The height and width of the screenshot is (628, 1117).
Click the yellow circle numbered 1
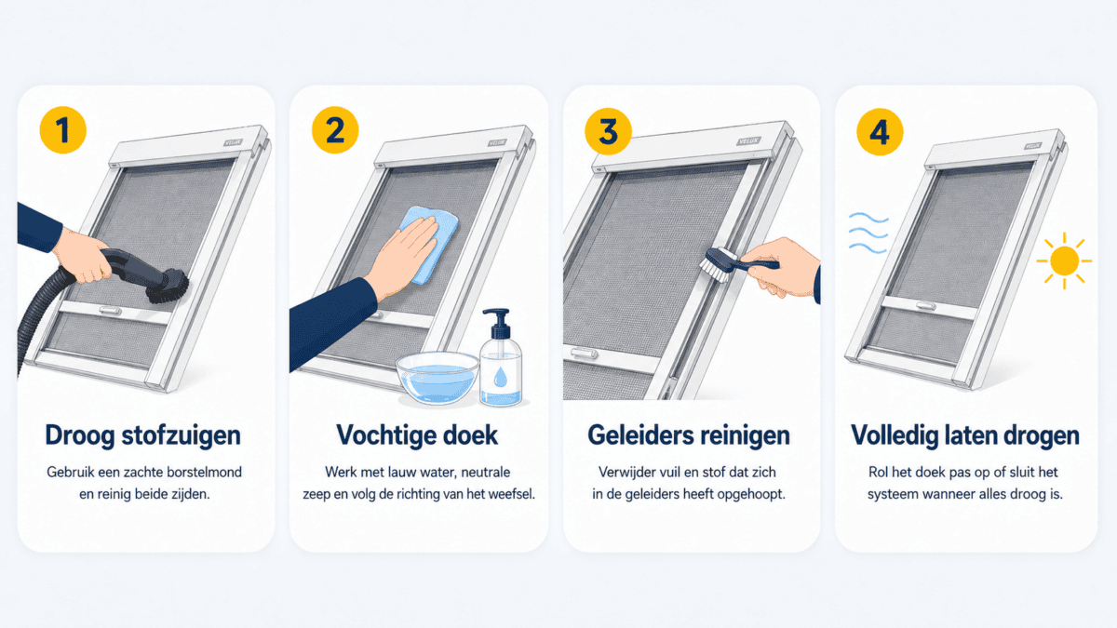tap(63, 130)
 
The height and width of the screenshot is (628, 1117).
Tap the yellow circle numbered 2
tap(335, 130)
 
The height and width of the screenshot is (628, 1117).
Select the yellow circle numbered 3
tap(608, 131)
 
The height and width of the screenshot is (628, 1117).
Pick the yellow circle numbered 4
tap(880, 132)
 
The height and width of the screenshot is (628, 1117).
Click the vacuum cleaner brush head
tap(168, 287)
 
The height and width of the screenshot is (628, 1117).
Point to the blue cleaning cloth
tap(428, 244)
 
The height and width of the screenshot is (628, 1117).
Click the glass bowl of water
tap(437, 378)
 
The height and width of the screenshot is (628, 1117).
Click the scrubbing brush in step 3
tap(737, 265)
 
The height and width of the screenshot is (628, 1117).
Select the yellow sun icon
tap(1064, 261)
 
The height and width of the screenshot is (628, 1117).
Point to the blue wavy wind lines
tap(868, 233)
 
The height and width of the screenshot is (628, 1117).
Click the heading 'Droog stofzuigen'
tap(143, 435)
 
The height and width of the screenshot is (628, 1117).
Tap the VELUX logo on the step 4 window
tap(1032, 146)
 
